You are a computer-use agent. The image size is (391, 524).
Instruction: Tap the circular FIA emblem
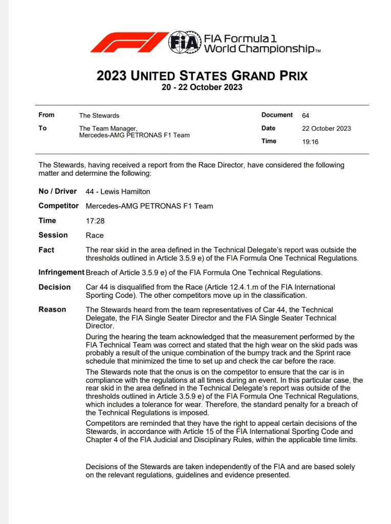coord(185,42)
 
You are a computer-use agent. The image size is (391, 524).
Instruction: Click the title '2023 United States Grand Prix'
coord(202,76)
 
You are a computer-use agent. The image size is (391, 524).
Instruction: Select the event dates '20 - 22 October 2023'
coord(202,87)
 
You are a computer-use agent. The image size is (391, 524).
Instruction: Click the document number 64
coord(306,116)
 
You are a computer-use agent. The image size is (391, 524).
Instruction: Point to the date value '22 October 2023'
coord(327,128)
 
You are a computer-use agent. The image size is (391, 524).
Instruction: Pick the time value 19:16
coord(310,142)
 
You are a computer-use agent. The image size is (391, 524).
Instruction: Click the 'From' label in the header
coord(46,115)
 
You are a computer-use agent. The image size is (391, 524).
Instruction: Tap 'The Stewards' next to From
coord(99,116)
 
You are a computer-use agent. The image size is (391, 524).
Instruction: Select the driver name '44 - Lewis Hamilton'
coord(118,191)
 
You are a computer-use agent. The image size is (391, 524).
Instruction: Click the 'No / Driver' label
coord(57,191)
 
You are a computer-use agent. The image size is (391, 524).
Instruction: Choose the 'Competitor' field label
coord(58,206)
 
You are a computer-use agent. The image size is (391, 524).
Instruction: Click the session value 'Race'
coord(95,235)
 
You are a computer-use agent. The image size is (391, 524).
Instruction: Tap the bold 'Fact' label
coord(46,250)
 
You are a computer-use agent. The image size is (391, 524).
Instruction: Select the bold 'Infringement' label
coord(61,272)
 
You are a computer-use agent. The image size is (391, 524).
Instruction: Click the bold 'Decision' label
coord(54,287)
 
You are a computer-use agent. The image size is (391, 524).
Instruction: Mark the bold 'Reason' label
coord(52,310)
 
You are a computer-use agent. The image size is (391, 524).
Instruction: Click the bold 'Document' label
coord(277,115)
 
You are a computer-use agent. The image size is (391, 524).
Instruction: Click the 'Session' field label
coord(53,235)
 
